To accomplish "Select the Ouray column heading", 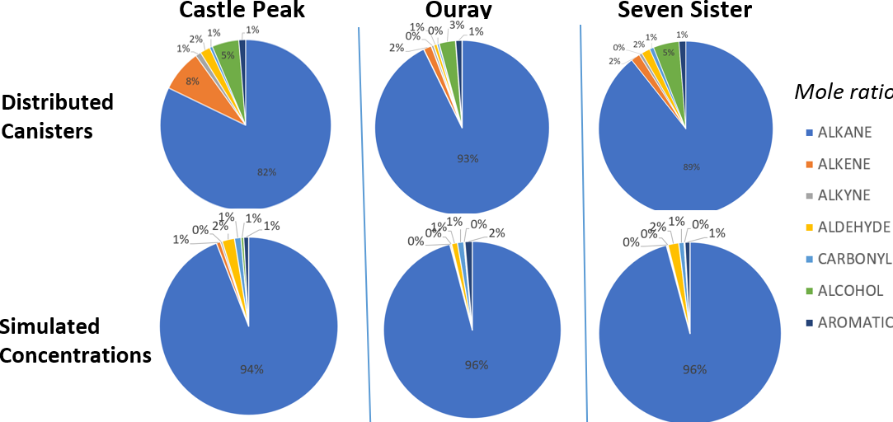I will [459, 10].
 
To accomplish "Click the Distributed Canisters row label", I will [57, 116].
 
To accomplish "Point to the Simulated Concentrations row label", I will [75, 340].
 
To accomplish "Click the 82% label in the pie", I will [266, 172].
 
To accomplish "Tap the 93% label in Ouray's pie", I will [468, 158].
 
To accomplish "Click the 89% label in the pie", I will [691, 166].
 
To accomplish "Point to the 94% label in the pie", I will [251, 368].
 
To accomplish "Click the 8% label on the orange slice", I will [192, 81].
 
